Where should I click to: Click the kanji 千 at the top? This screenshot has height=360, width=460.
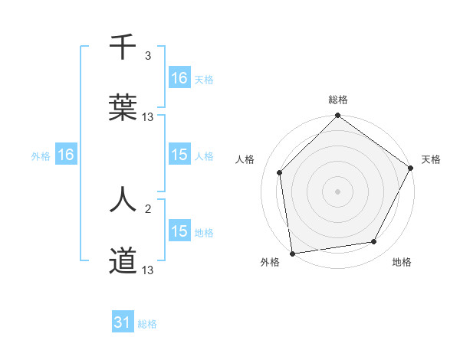point(123,48)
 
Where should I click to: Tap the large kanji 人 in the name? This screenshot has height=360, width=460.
point(123,199)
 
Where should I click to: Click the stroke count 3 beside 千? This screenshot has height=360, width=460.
point(148,56)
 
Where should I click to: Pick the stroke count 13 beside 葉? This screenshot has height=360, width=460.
point(148,117)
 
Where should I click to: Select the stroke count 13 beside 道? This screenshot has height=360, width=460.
point(148,270)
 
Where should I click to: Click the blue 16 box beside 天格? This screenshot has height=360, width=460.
point(179,78)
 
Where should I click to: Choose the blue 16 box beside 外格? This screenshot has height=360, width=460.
point(66,155)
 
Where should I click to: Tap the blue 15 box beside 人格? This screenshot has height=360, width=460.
point(179,155)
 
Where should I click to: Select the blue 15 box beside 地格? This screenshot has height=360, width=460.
point(179,231)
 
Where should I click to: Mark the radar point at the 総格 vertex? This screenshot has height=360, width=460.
point(337,117)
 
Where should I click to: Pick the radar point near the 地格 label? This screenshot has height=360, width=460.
point(374,242)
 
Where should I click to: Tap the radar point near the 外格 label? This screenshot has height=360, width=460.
point(292,253)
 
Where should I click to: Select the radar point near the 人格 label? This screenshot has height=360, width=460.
point(280,172)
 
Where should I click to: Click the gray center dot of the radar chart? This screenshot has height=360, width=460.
point(337,191)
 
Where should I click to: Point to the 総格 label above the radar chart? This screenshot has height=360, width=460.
point(337,100)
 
